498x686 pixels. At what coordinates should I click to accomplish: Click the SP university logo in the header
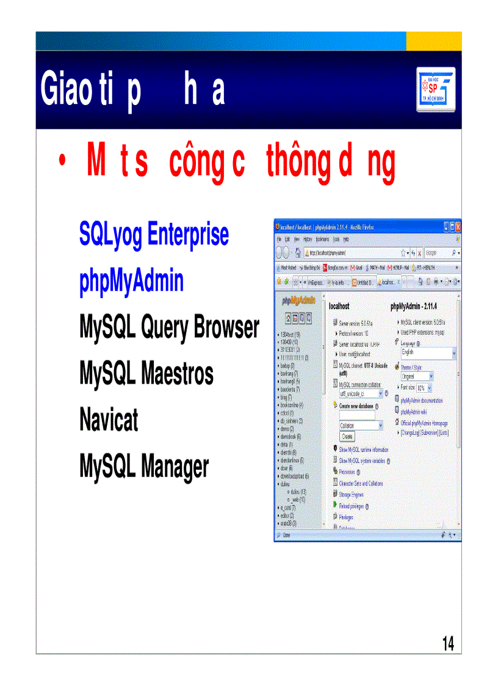[x=436, y=90]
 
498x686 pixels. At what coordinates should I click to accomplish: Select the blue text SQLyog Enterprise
[x=154, y=235]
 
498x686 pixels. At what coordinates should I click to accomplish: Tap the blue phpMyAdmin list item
[x=131, y=282]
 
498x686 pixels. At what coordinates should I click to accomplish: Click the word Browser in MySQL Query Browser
[x=226, y=328]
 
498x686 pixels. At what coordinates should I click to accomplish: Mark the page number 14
[x=448, y=643]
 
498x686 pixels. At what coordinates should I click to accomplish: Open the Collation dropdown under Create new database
[x=361, y=426]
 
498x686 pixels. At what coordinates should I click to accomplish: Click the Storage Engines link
[x=351, y=495]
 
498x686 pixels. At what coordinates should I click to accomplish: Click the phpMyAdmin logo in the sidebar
[x=298, y=301]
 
